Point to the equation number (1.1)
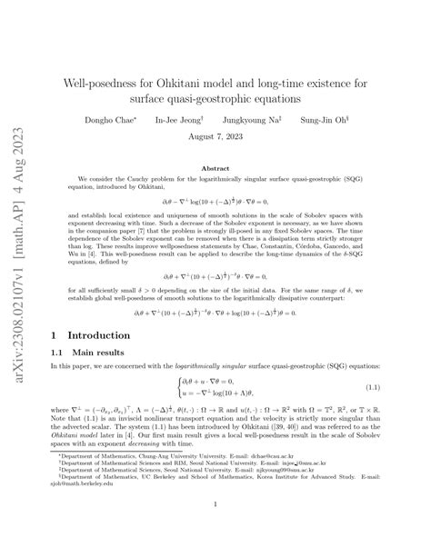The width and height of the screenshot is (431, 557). coord(372,391)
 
